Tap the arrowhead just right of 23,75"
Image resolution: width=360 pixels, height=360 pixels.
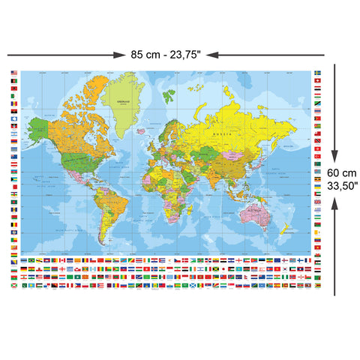(x=212, y=54)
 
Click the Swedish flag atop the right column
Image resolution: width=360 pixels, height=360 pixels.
(x=318, y=73)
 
